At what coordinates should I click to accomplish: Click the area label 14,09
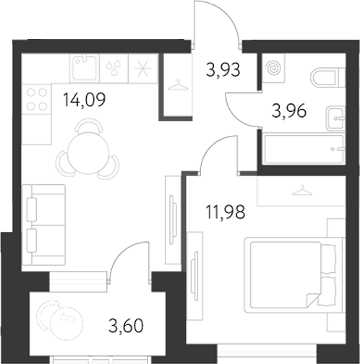[x=85, y=100]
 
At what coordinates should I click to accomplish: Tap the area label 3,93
[x=223, y=70]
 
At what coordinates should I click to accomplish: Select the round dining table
[x=87, y=152]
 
